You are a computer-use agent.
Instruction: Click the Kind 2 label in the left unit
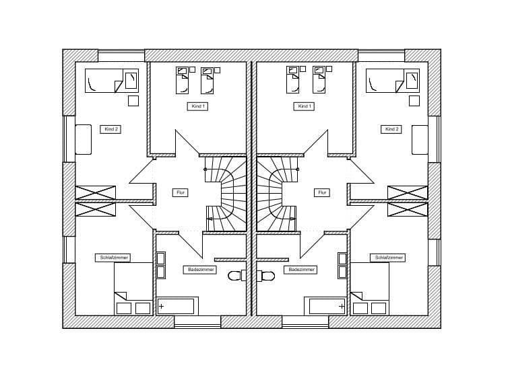point(110,129)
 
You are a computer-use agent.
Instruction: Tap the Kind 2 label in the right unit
point(391,129)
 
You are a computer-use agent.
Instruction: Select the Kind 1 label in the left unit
point(197,106)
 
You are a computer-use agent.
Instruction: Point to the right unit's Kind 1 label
point(305,106)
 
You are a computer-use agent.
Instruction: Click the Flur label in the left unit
point(180,192)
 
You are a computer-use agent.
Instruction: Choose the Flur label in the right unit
point(322,192)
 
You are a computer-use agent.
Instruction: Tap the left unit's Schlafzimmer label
point(114,258)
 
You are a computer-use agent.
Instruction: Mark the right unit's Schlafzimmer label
point(387,258)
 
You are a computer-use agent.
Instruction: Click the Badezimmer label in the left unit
point(200,270)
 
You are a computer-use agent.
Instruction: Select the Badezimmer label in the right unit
point(301,270)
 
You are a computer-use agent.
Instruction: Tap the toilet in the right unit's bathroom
point(266,276)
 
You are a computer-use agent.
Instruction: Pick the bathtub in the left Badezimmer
point(176,307)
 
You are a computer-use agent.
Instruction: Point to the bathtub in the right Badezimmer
point(327,307)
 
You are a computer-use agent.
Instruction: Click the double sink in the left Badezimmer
point(160,266)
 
